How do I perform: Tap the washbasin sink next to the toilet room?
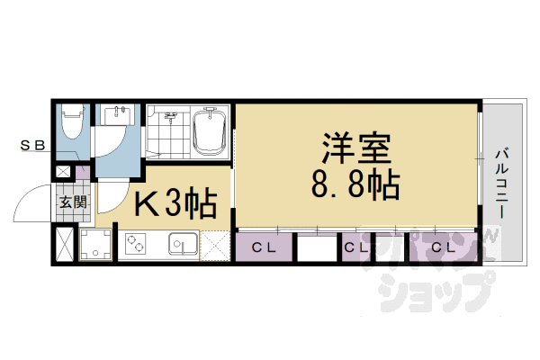coord(119,117)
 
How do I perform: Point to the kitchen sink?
coord(183,244)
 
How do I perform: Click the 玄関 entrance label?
coord(73,202)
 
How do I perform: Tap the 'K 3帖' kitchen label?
coord(175,206)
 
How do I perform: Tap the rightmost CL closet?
coord(441,246)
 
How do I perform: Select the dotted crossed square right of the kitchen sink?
coord(217,245)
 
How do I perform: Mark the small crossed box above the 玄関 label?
coord(64,172)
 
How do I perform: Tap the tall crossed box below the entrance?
coord(66,244)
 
